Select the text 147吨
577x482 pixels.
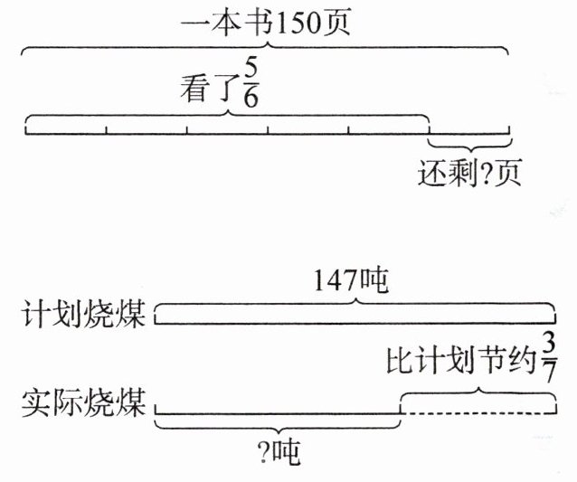351,282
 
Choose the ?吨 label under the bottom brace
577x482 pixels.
279,450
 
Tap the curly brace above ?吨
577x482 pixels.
278,423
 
